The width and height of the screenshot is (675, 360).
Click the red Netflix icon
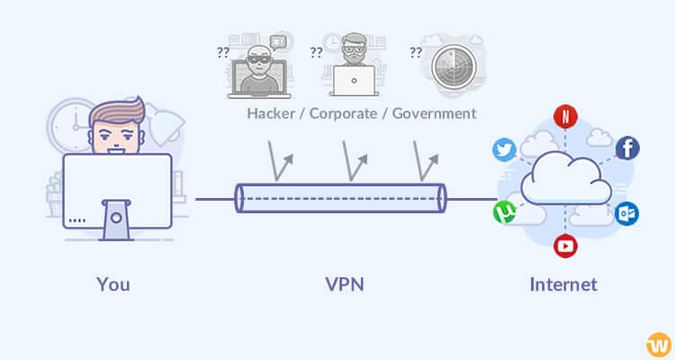[565, 116]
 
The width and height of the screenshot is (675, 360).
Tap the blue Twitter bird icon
[505, 149]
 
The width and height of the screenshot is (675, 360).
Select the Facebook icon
[627, 148]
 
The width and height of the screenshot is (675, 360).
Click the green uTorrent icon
[504, 212]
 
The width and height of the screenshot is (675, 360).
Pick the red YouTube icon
[565, 245]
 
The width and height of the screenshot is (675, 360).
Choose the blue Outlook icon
[626, 213]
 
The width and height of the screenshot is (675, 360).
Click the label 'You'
[113, 284]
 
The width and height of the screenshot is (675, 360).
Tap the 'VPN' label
[345, 284]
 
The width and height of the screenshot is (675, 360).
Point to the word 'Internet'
[562, 284]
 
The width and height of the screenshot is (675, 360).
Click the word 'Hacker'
[273, 114]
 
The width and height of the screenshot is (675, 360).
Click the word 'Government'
[429, 114]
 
